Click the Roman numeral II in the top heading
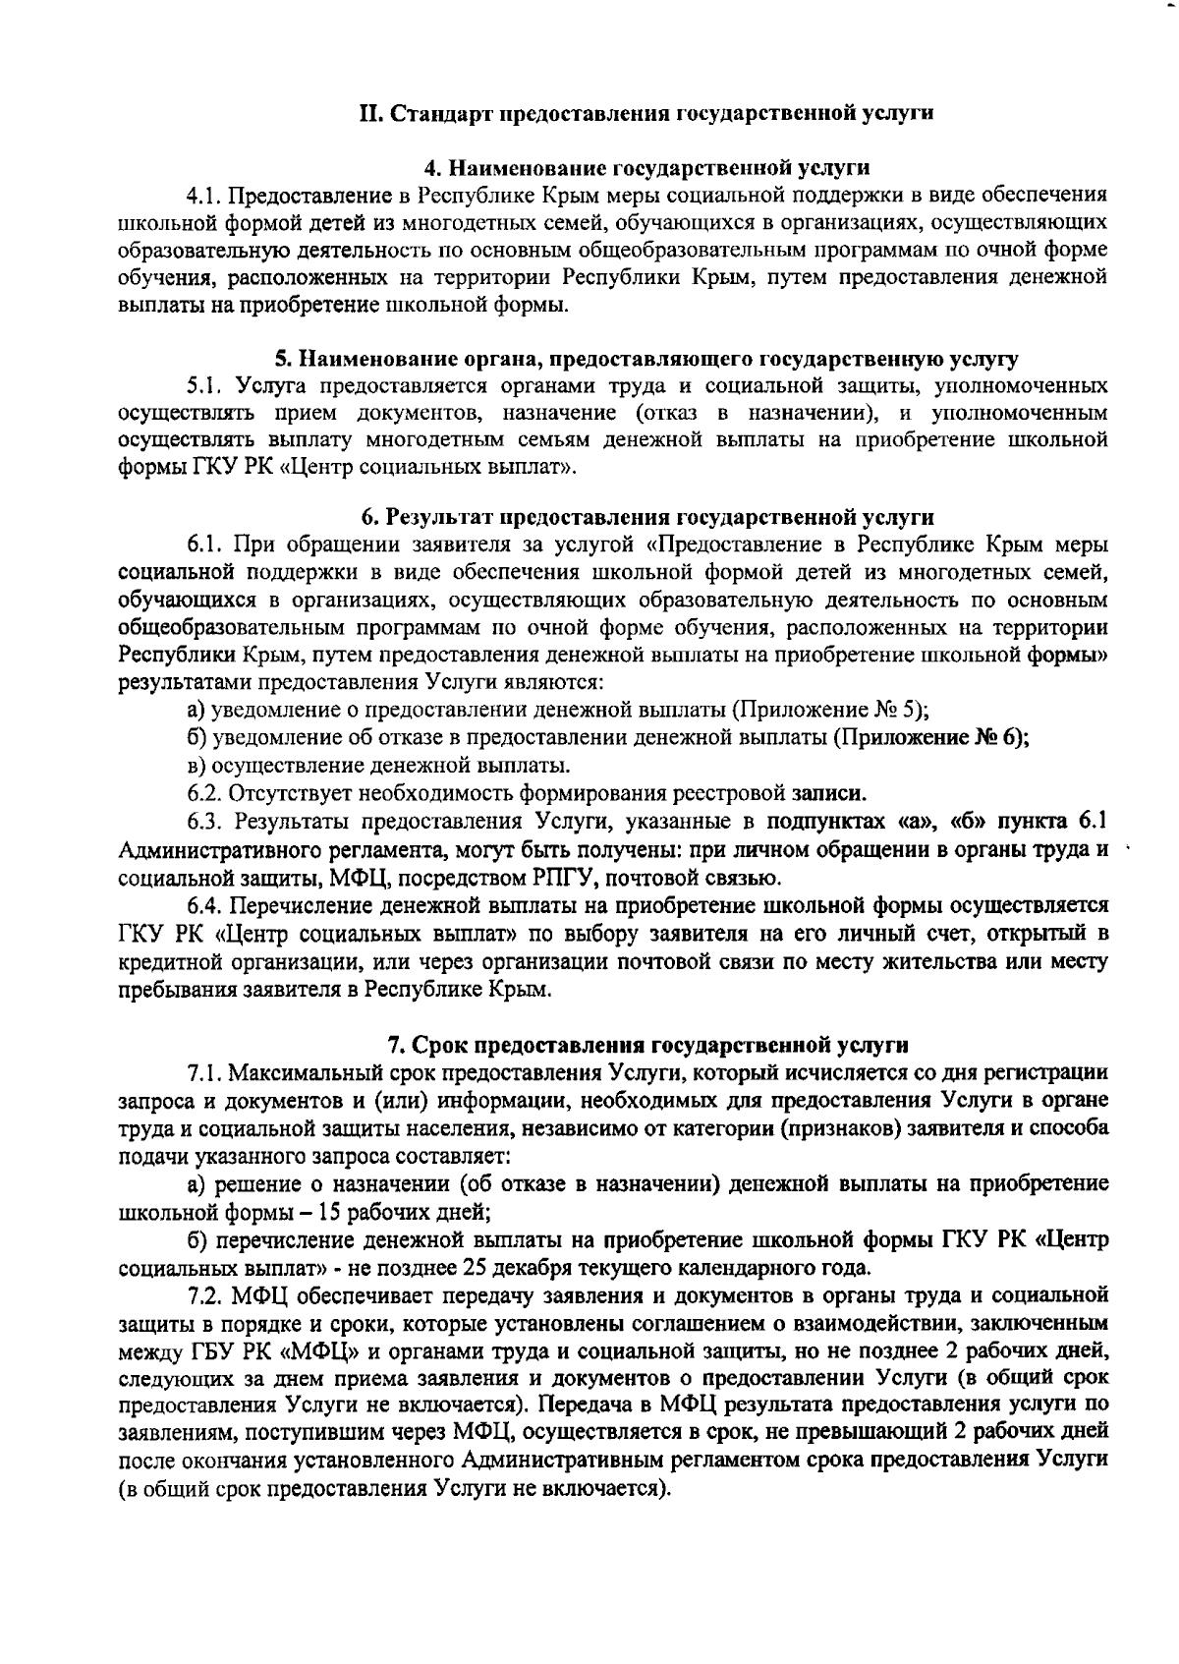click(x=371, y=113)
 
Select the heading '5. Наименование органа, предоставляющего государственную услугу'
click(x=646, y=358)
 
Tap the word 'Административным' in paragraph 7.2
click(x=565, y=1460)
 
